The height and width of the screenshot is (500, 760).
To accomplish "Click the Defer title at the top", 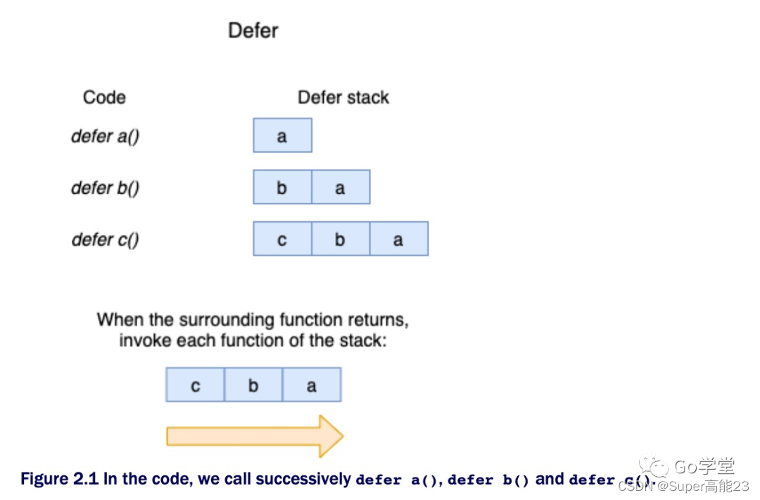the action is coord(253,31).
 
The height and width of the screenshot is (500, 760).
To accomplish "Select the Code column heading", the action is coord(104,97).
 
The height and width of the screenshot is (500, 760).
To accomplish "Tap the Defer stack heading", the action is coord(343,97).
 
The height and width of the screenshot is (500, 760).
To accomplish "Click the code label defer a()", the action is coord(106,135).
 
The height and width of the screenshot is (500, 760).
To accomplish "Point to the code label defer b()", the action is coord(106,187).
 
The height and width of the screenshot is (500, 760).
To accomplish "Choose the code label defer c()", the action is coord(106,239).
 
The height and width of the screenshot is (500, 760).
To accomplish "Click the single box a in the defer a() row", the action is coord(282,135).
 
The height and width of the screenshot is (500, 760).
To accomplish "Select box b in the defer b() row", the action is coord(282,187).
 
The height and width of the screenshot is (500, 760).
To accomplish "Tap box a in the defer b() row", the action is coord(341,187).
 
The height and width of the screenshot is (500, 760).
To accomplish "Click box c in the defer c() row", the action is coord(282,239).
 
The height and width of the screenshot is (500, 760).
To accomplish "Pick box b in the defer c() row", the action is coord(341,239).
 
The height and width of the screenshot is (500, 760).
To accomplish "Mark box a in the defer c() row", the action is coord(398,239).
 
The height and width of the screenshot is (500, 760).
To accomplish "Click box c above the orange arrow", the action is coord(195,385).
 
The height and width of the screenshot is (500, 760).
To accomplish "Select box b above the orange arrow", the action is coord(253,385).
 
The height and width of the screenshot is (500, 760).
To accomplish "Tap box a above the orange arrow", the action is coord(312,385).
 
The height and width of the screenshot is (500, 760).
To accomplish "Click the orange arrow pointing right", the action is coord(254,436).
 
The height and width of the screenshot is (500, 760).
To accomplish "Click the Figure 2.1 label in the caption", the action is coord(59,480).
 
